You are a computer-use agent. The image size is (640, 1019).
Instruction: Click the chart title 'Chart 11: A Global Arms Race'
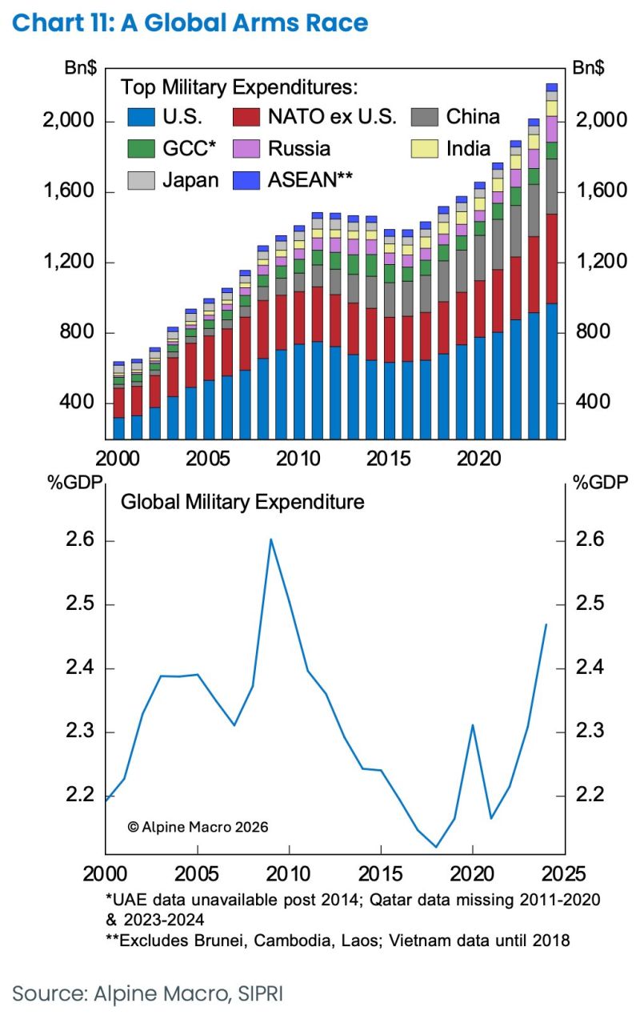[190, 22]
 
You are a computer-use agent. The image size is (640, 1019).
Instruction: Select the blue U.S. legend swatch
[140, 117]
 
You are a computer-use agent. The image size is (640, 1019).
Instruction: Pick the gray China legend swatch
[424, 117]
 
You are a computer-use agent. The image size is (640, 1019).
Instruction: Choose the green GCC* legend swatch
[140, 149]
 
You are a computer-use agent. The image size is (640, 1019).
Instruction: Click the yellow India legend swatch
[424, 149]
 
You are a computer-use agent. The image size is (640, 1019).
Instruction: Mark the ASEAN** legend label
[311, 180]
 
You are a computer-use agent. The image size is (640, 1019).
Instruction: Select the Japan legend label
[190, 180]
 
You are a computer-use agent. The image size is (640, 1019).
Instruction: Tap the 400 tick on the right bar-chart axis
[593, 403]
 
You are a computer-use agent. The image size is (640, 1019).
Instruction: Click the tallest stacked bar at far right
[552, 264]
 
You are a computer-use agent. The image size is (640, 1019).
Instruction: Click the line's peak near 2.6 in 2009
[270, 539]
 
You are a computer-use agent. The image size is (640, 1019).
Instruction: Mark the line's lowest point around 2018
[436, 847]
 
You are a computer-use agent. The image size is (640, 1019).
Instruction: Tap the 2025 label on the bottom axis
[564, 873]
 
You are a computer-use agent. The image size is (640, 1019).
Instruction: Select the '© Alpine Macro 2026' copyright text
[198, 826]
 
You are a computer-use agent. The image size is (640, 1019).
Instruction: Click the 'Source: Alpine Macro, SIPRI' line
[148, 993]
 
